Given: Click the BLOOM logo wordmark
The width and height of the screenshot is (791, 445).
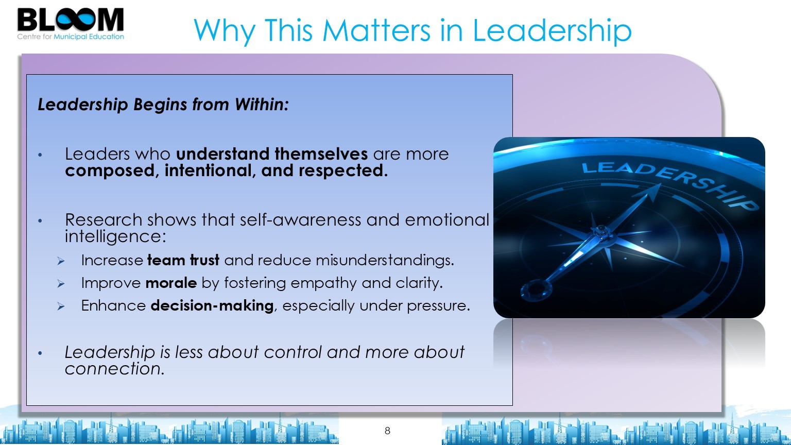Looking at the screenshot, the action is [71, 20].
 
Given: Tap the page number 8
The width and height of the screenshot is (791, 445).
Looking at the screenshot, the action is [387, 431].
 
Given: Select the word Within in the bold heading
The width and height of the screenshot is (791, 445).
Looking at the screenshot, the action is [262, 105].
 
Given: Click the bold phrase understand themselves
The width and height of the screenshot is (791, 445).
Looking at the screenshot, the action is [272, 154].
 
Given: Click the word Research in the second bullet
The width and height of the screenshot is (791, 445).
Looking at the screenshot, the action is [104, 220].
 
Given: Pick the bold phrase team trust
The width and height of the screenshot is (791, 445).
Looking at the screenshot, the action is [183, 260].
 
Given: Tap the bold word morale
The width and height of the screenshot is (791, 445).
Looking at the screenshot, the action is [171, 283].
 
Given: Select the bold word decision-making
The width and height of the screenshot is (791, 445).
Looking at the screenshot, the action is [212, 306].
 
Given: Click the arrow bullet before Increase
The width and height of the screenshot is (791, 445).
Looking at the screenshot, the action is [61, 261].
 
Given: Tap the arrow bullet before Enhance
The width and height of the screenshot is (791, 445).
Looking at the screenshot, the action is [61, 306].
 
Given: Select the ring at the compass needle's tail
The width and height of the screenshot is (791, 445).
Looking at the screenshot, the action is [536, 290].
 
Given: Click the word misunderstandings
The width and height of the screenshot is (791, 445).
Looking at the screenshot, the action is [385, 260].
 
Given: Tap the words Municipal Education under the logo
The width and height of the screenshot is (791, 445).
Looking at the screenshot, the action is [89, 37].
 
